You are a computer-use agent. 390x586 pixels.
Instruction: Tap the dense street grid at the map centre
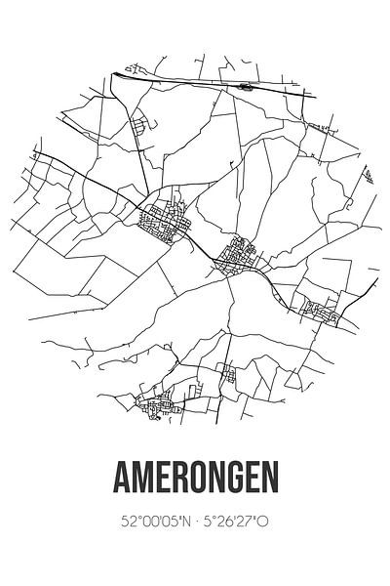(237, 256)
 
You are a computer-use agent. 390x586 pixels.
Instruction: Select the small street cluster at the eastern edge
(321, 312)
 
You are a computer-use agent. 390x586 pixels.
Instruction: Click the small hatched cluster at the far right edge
(369, 177)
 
